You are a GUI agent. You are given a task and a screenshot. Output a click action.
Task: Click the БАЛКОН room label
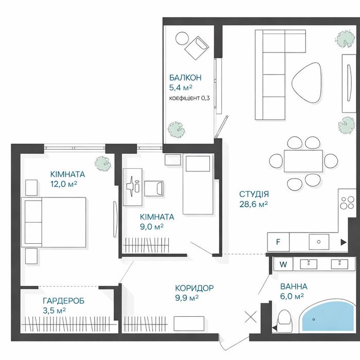tap(185, 78)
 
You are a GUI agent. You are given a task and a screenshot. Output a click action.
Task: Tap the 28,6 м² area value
tap(254, 204)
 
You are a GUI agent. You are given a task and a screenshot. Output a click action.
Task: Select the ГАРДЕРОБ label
tap(64, 300)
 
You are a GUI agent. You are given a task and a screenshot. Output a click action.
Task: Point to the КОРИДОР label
tap(194, 287)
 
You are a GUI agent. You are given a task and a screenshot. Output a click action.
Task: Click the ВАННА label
tap(294, 286)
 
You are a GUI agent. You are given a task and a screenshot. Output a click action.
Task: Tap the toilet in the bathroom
tap(285, 321)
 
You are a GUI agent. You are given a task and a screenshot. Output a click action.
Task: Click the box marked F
tap(278, 242)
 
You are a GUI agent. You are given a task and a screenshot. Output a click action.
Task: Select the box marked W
tap(283, 264)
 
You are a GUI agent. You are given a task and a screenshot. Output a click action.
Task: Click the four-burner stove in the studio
tap(347, 203)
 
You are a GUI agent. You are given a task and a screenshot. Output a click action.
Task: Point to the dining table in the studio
tap(303, 161)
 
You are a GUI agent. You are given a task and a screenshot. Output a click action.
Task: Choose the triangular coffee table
tap(306, 83)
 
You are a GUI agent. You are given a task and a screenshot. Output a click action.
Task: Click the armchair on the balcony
tap(197, 48)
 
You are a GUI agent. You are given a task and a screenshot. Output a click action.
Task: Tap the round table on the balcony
tap(182, 39)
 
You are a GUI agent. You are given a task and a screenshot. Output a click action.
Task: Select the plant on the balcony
tap(176, 130)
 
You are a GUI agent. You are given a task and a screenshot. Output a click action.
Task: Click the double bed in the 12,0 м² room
tap(53, 222)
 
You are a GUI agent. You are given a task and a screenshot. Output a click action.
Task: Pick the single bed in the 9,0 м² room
tap(198, 184)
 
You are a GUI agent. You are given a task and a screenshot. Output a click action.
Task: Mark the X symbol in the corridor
tap(250, 317)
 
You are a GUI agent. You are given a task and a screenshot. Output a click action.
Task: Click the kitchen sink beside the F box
tap(319, 242)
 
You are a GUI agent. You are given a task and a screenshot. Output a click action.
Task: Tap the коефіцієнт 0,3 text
tap(189, 98)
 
